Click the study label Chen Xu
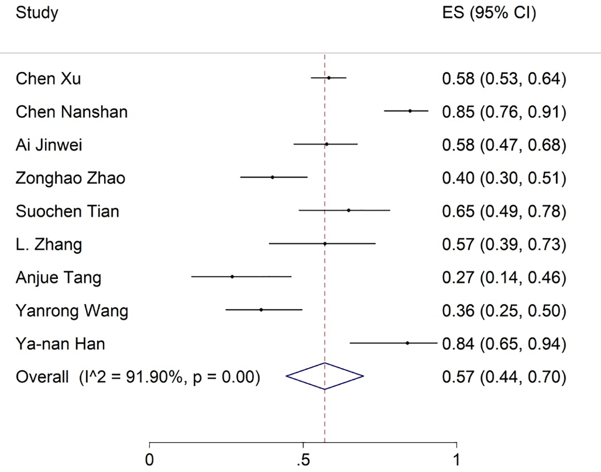point(48,78)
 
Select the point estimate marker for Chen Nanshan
point(410,111)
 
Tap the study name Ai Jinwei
point(49,145)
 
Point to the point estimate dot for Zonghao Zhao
point(272,177)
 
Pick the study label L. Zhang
point(49,244)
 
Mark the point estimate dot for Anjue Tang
point(232,277)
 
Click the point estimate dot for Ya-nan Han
point(407,343)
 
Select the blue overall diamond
point(325,376)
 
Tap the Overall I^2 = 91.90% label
point(138,377)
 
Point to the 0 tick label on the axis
point(149,460)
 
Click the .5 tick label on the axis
point(303,460)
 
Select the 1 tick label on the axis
point(456,460)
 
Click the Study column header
point(37,13)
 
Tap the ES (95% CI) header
point(489,13)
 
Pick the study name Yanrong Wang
point(72,311)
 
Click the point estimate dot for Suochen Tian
point(349,210)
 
